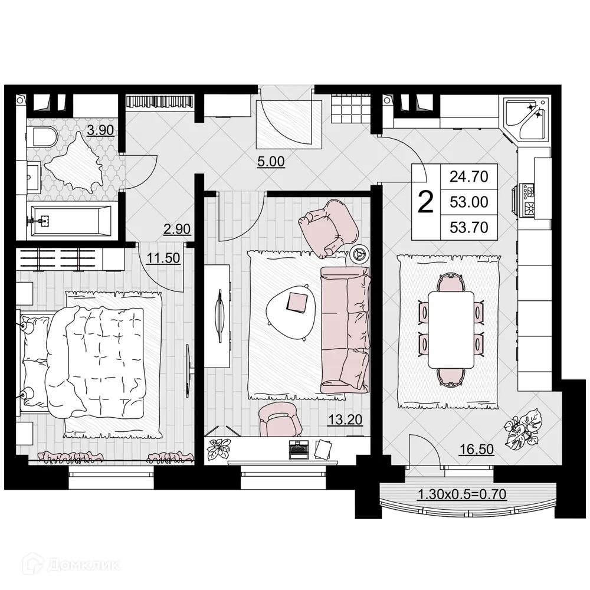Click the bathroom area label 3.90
pyautogui.click(x=99, y=130)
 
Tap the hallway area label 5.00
pyautogui.click(x=271, y=161)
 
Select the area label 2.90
pyautogui.click(x=177, y=230)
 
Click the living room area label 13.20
pyautogui.click(x=345, y=420)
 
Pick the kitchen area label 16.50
pyautogui.click(x=476, y=450)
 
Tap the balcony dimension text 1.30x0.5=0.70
pyautogui.click(x=462, y=494)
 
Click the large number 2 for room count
pyautogui.click(x=425, y=202)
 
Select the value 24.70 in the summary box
pyautogui.click(x=469, y=176)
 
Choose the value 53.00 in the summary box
pyautogui.click(x=469, y=202)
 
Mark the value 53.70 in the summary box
pyautogui.click(x=469, y=227)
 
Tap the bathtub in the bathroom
pyautogui.click(x=70, y=222)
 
